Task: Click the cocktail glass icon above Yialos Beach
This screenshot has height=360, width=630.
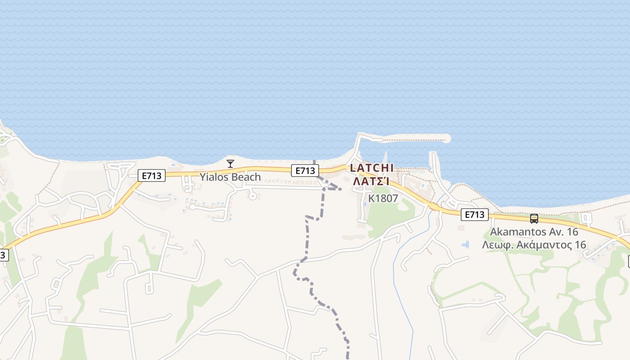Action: [230, 163]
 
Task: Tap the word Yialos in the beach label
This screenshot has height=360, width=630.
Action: [214, 177]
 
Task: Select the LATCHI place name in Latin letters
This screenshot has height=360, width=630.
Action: [372, 168]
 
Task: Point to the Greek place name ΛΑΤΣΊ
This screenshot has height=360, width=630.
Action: [371, 181]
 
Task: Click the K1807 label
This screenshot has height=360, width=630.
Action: [383, 198]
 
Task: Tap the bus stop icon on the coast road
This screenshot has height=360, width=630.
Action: [534, 219]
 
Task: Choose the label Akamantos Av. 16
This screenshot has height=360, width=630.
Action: [534, 232]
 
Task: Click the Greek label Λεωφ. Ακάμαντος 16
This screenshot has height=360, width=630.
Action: [534, 245]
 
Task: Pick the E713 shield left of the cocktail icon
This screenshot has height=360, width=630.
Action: [152, 175]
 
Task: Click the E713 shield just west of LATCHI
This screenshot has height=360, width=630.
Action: [305, 171]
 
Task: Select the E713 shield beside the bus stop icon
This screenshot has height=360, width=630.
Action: [475, 215]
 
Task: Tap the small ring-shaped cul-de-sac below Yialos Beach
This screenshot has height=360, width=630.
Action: [252, 196]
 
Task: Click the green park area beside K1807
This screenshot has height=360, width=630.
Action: [387, 216]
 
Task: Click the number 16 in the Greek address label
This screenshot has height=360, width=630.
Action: [580, 245]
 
